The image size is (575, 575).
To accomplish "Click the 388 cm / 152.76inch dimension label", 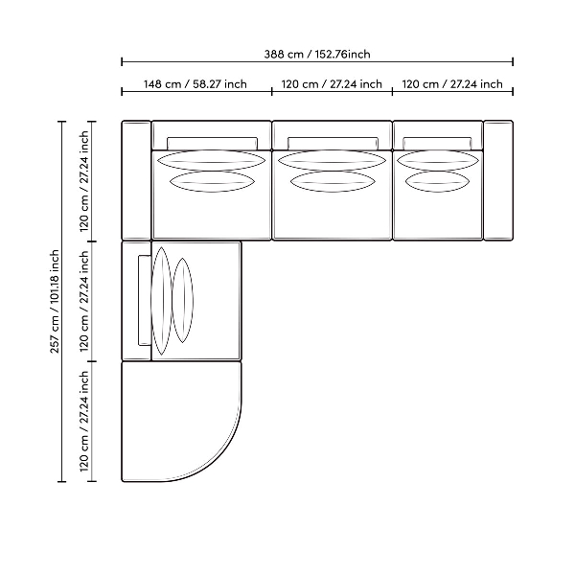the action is click(x=317, y=55).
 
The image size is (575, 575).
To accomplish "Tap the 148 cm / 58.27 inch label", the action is click(x=195, y=84).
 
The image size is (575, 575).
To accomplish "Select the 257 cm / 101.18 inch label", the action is click(x=55, y=302).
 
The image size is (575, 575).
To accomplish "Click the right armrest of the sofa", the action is click(x=498, y=180).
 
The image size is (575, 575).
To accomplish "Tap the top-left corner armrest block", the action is click(x=136, y=180).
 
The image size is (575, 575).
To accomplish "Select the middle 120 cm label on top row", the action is click(x=332, y=84).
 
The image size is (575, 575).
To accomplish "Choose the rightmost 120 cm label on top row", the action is click(x=452, y=84).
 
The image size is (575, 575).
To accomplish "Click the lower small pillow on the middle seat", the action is click(x=333, y=182).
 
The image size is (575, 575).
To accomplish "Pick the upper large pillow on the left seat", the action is click(x=212, y=160).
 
